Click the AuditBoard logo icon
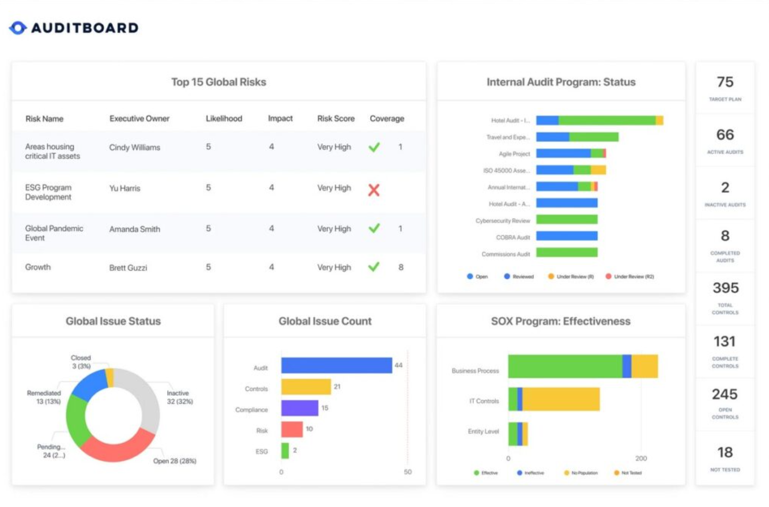click(18, 27)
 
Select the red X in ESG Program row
click(374, 190)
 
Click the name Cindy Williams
click(134, 147)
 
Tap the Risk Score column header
click(336, 118)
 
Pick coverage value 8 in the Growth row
click(401, 267)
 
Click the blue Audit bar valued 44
click(336, 366)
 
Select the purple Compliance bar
click(299, 408)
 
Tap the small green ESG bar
click(285, 450)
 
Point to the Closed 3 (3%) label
click(81, 362)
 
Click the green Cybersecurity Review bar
click(566, 219)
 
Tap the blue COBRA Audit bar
click(566, 236)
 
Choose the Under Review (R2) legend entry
click(629, 277)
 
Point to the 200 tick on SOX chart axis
click(641, 458)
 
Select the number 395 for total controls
click(725, 288)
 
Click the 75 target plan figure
click(725, 82)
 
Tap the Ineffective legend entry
click(531, 473)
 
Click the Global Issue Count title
click(325, 321)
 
